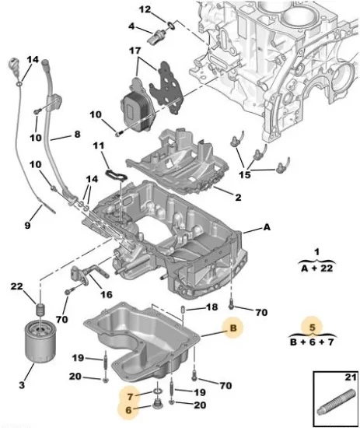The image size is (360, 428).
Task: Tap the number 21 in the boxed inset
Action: tap(348, 378)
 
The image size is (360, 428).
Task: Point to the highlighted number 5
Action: tap(312, 328)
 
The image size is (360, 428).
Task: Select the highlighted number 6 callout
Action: tap(131, 406)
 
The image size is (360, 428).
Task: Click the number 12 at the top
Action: tap(145, 9)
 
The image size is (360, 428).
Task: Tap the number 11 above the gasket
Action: tap(98, 146)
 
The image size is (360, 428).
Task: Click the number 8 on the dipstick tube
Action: tap(77, 134)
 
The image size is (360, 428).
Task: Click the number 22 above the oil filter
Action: tap(18, 289)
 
